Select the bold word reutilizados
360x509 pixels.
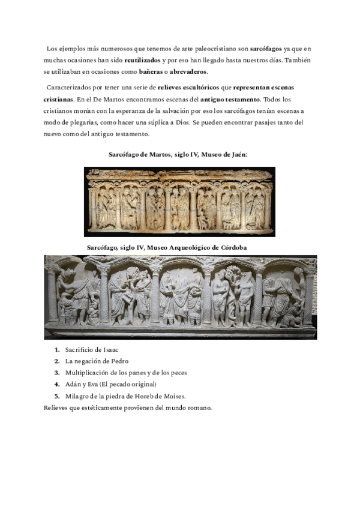tap(142, 61)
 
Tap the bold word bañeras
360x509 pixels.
tap(151, 72)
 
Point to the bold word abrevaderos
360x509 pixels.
tap(188, 72)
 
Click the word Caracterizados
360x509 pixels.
tap(68, 88)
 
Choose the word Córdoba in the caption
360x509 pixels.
tap(215, 247)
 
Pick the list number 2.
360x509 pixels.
tap(56, 361)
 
